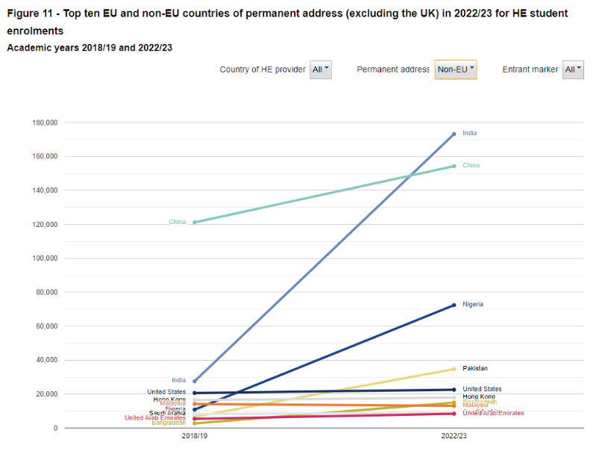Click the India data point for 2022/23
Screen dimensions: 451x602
click(454, 134)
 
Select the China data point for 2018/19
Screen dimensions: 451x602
click(195, 222)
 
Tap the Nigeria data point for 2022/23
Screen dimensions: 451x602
click(454, 305)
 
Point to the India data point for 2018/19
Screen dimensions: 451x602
click(195, 381)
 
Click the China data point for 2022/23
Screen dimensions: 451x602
click(454, 166)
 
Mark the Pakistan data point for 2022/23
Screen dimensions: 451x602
click(454, 369)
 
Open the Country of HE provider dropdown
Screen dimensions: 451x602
click(321, 69)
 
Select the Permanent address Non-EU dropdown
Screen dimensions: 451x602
click(456, 69)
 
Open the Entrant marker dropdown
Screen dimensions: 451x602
click(572, 69)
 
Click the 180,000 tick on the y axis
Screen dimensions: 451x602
click(46, 122)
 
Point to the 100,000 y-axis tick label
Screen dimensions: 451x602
click(46, 258)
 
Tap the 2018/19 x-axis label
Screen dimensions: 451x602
click(195, 436)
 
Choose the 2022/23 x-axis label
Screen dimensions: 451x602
click(454, 436)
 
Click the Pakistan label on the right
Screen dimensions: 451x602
click(475, 369)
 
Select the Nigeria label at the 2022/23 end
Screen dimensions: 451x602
click(473, 305)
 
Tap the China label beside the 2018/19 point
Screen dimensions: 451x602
click(178, 222)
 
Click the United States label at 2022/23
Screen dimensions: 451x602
click(482, 389)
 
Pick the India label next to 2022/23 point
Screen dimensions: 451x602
click(469, 133)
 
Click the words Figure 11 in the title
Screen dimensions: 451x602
click(32, 14)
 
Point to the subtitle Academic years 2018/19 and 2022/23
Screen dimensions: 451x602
click(90, 48)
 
